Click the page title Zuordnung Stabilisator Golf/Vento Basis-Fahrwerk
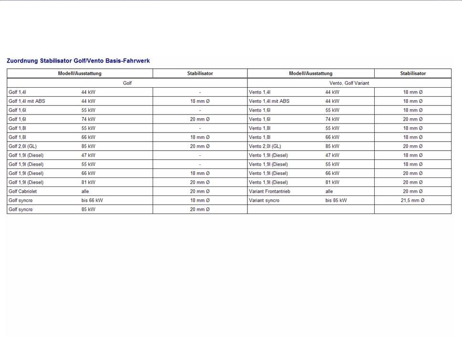(x=78, y=61)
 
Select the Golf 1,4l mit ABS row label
(x=27, y=101)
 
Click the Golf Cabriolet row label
(x=22, y=191)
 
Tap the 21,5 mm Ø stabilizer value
(x=412, y=200)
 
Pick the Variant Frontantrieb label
(x=269, y=191)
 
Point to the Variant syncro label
(x=264, y=200)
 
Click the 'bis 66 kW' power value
(x=92, y=200)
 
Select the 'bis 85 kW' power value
(x=336, y=200)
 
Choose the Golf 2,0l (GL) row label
(x=22, y=146)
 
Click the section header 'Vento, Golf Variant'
(x=349, y=83)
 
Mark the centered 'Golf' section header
(x=127, y=83)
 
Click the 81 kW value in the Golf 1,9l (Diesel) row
(x=88, y=182)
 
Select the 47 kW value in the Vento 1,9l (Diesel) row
(x=332, y=155)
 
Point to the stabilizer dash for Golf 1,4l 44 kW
(x=200, y=92)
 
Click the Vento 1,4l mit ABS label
(x=269, y=101)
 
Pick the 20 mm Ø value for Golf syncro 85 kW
(x=200, y=209)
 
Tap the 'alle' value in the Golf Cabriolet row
(x=85, y=191)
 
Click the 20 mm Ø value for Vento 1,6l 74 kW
(x=412, y=119)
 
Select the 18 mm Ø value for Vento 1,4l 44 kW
(x=412, y=92)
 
